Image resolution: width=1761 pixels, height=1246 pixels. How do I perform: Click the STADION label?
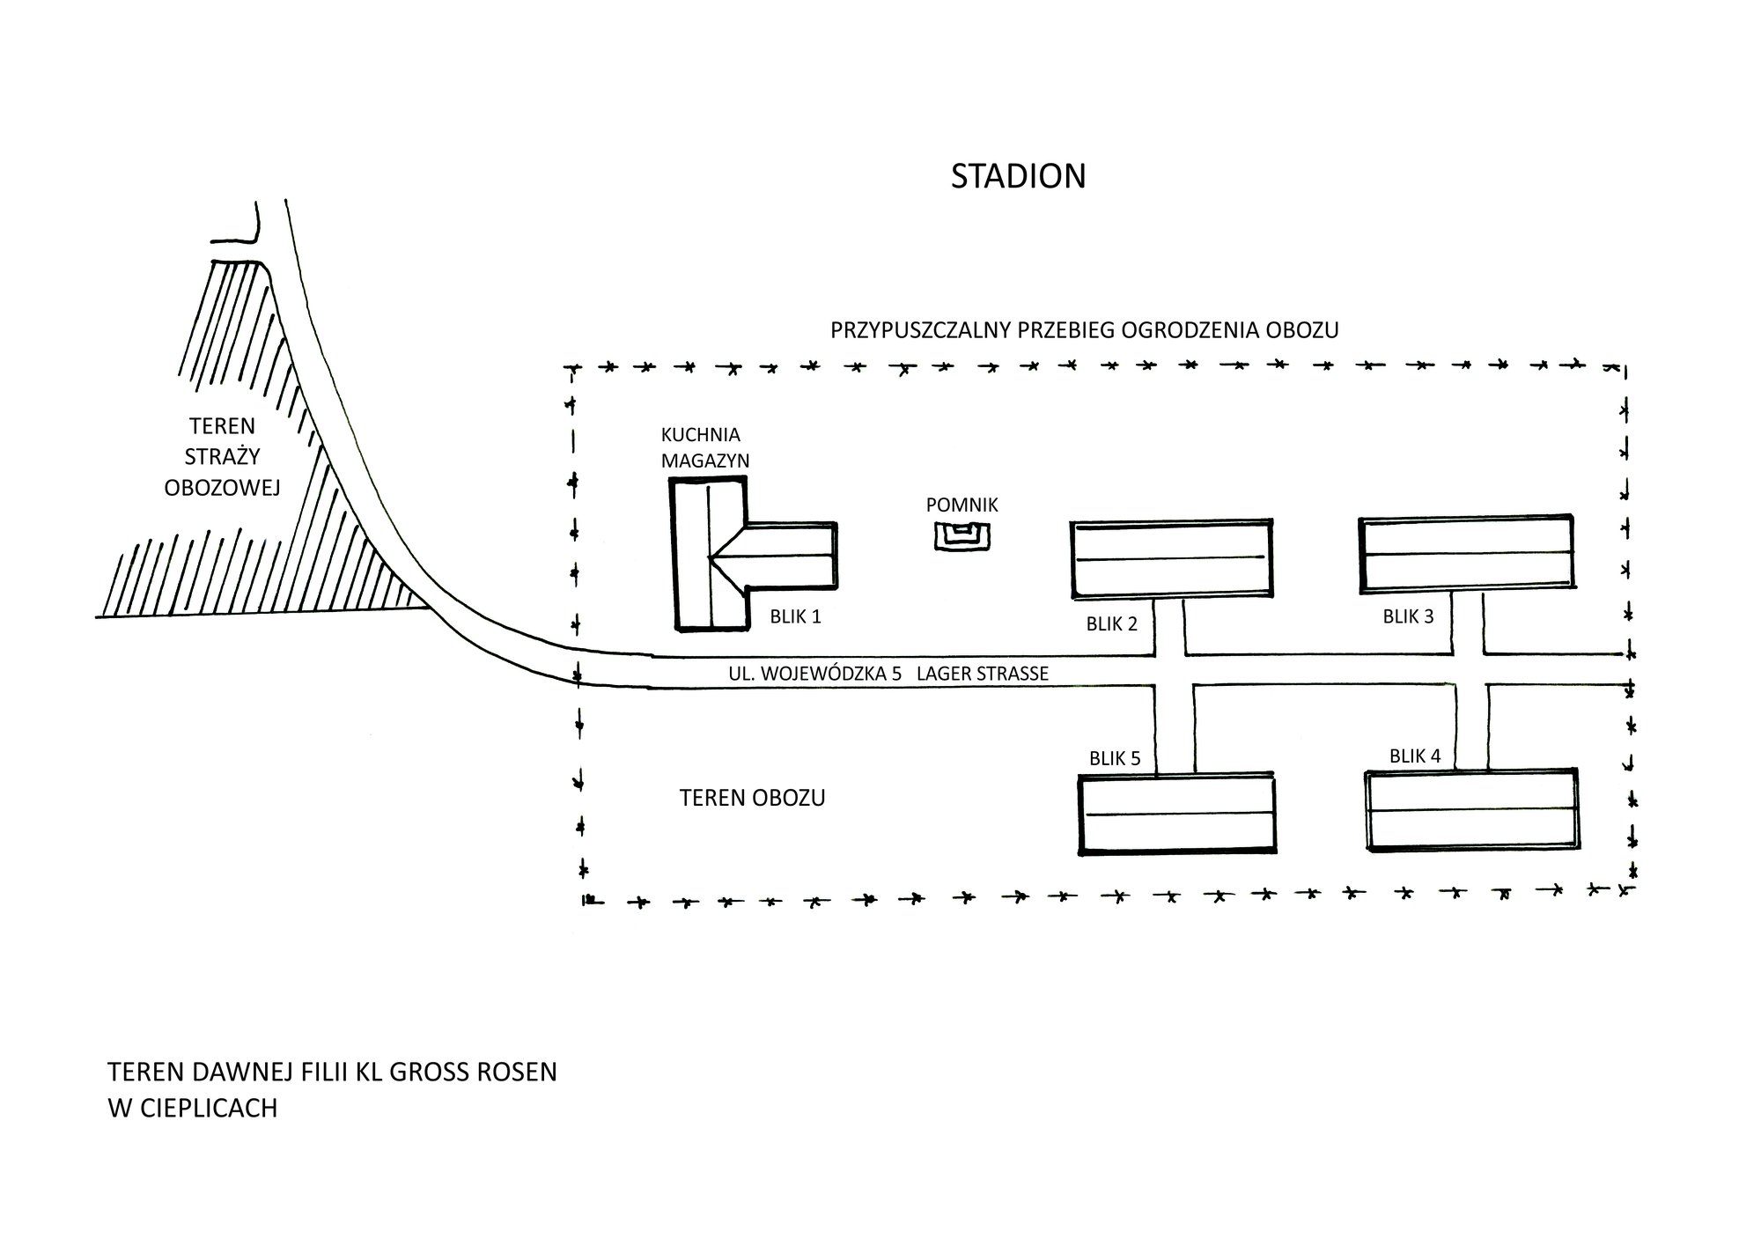pyautogui.click(x=1018, y=176)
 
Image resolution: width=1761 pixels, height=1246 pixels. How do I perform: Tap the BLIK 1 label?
pyautogui.click(x=795, y=616)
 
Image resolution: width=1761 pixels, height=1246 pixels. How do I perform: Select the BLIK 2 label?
pyautogui.click(x=1111, y=623)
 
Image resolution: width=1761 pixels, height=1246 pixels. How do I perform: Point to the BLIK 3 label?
pyautogui.click(x=1408, y=616)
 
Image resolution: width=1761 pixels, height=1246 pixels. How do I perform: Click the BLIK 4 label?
pyautogui.click(x=1415, y=756)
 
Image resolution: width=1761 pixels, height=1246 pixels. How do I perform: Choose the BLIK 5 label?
pyautogui.click(x=1115, y=758)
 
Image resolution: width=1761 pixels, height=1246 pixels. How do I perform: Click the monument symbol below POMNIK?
pyautogui.click(x=962, y=536)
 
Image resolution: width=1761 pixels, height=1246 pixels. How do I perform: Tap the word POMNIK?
pyautogui.click(x=962, y=505)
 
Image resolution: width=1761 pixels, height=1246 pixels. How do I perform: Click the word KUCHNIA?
pyautogui.click(x=701, y=435)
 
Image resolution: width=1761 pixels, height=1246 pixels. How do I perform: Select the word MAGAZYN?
pyautogui.click(x=705, y=461)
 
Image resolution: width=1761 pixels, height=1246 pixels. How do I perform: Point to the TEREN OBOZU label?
pyautogui.click(x=752, y=798)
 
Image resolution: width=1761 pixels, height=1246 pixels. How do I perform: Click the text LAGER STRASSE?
pyautogui.click(x=983, y=674)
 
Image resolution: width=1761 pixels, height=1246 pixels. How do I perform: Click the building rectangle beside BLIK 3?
pyautogui.click(x=1467, y=553)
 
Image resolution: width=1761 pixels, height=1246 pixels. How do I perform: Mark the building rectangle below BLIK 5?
pyautogui.click(x=1177, y=814)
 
